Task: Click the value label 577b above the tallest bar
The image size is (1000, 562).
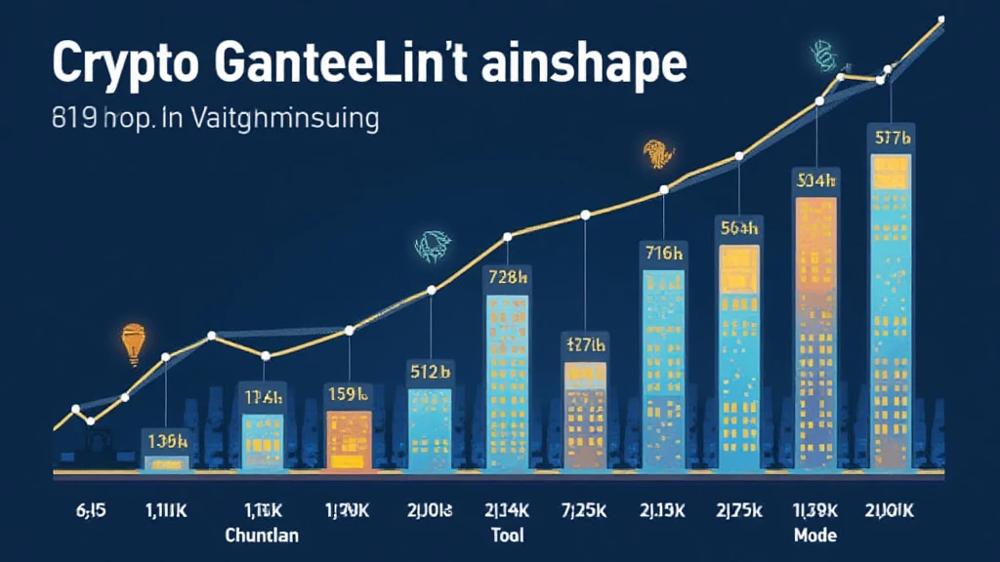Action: pos(891,138)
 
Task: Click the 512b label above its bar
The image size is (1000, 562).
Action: pos(429,370)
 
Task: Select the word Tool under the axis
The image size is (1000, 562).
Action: pos(507,536)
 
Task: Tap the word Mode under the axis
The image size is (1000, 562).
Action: pos(814,536)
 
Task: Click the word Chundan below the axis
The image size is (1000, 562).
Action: pos(262,536)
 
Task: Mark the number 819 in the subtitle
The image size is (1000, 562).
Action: pos(71,120)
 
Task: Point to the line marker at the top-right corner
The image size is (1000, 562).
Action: pos(940,19)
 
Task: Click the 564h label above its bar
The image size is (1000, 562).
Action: pos(739,228)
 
